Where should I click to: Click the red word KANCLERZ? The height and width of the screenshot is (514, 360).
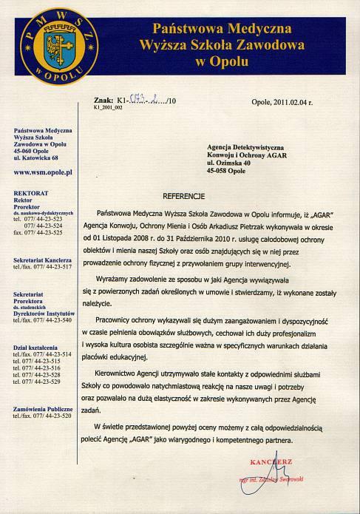point(271,461)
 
